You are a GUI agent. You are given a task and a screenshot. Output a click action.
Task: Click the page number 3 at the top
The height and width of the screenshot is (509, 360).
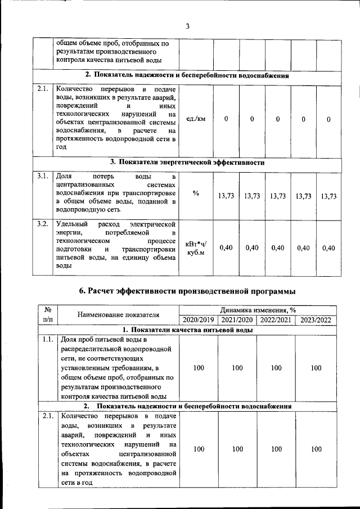pyautogui.click(x=188, y=25)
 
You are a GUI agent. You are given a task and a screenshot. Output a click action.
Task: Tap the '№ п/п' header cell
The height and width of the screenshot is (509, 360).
pyautogui.click(x=47, y=314)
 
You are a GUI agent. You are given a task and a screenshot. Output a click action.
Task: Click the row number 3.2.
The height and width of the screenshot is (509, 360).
pyautogui.click(x=42, y=225)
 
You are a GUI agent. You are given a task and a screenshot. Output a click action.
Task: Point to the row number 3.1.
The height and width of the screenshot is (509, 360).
pyautogui.click(x=42, y=177)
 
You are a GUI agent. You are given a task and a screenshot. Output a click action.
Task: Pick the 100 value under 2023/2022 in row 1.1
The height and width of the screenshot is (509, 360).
pyautogui.click(x=316, y=368)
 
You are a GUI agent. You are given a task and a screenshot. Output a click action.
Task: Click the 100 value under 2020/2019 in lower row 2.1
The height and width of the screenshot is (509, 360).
pyautogui.click(x=198, y=449)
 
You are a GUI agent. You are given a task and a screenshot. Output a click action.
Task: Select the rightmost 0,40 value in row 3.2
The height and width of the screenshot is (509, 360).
pyautogui.click(x=328, y=248)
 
